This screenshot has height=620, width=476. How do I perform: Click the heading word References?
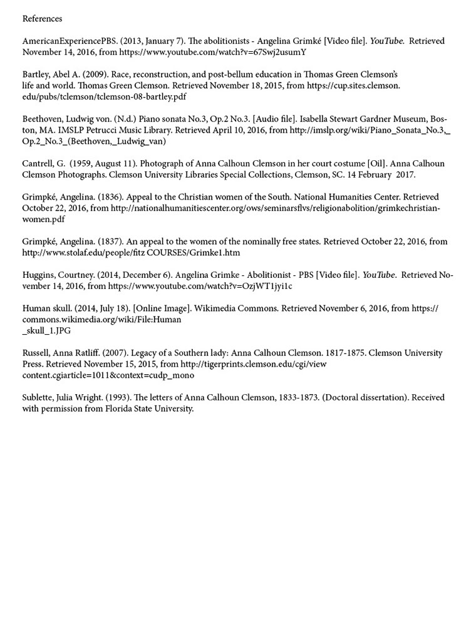[x=42, y=19]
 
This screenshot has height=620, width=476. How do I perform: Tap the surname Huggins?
[x=39, y=275]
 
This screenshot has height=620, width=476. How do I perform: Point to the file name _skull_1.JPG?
[x=47, y=330]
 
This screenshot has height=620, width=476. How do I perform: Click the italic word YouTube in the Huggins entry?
[x=380, y=275]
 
